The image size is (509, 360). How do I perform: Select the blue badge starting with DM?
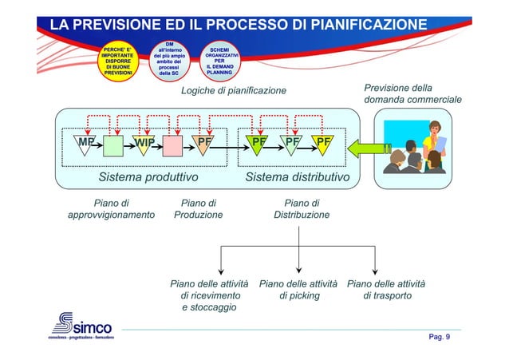pos(169,58)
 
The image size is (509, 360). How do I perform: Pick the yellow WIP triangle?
pos(144,144)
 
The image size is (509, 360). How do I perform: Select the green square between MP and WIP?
pos(113,144)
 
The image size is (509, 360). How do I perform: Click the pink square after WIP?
pos(173,144)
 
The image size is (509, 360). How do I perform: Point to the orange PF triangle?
pos(204,144)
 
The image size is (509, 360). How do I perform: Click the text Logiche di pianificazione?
pos(234,91)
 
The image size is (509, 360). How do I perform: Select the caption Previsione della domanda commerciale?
pos(412,94)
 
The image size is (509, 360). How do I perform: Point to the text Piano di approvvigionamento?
pos(112,209)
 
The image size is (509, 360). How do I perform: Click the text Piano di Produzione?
pos(199,209)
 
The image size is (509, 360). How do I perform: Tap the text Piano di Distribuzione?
pos(302,209)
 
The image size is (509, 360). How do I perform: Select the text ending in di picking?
pos(299,289)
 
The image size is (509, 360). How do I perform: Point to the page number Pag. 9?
pos(440,337)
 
